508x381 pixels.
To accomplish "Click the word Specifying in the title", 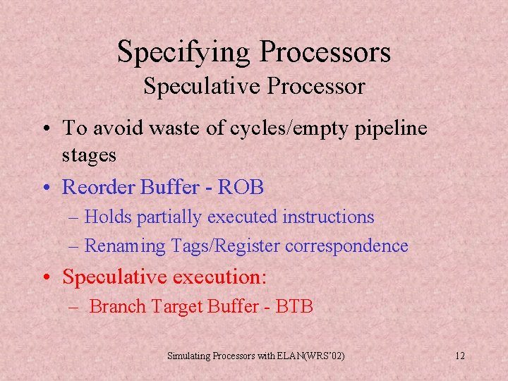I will (184, 52).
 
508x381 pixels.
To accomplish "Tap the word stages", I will (90, 155).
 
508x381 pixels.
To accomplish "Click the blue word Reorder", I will (99, 187).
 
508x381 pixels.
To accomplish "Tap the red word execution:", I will (219, 277).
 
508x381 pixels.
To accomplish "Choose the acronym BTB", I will (293, 306).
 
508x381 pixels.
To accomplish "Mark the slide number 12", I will (460, 356).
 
